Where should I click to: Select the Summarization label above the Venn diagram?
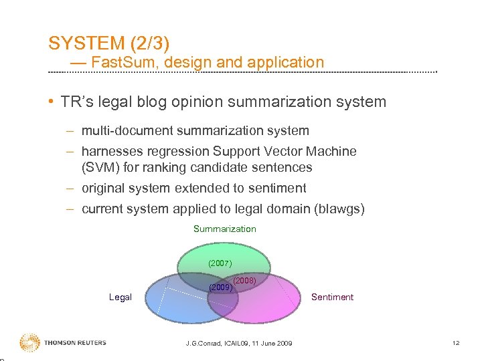[224, 229]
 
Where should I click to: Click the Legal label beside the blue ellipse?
[120, 297]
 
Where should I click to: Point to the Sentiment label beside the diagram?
[332, 297]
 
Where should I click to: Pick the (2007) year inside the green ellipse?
[220, 263]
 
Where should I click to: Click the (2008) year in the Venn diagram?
[245, 281]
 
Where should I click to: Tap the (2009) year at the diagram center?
[220, 287]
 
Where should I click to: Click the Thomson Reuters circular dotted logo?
[29, 343]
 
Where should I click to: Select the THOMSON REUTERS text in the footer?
[75, 343]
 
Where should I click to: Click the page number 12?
[455, 344]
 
